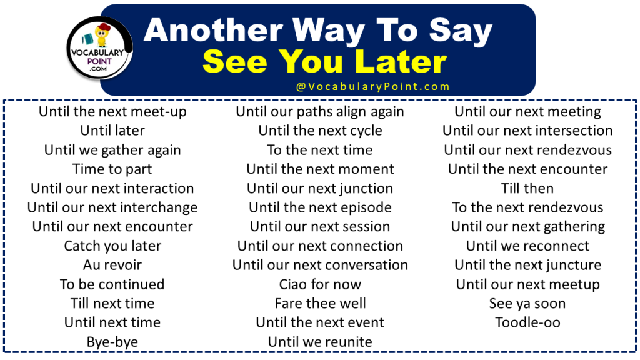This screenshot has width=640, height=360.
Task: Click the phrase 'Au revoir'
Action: pyautogui.click(x=112, y=265)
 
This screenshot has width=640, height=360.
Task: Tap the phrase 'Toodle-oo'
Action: pyautogui.click(x=527, y=322)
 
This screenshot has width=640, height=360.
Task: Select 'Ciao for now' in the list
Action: pyautogui.click(x=320, y=284)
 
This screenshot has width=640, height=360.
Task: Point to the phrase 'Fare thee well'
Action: pyautogui.click(x=320, y=304)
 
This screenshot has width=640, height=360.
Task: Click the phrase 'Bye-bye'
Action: pyautogui.click(x=112, y=342)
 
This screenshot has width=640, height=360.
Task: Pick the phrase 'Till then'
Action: pyautogui.click(x=527, y=188)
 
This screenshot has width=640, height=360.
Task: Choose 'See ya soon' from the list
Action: pyautogui.click(x=527, y=304)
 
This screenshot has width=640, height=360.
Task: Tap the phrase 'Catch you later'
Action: pyautogui.click(x=112, y=246)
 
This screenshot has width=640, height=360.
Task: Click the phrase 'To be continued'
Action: pyautogui.click(x=112, y=284)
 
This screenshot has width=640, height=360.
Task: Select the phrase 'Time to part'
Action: pyautogui.click(x=112, y=169)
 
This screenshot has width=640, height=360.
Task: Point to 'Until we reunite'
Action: pyautogui.click(x=320, y=342)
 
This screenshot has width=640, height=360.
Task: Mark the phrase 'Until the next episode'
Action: pyautogui.click(x=320, y=207)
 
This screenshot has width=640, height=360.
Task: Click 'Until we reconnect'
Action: pyautogui.click(x=527, y=246)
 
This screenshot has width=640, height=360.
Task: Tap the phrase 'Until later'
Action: pyautogui.click(x=112, y=131)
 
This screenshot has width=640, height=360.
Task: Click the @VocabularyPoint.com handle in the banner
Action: pyautogui.click(x=373, y=87)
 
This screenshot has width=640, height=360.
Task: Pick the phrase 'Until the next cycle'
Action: pyautogui.click(x=320, y=131)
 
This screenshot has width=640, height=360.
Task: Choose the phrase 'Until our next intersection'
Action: pyautogui.click(x=527, y=131)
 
